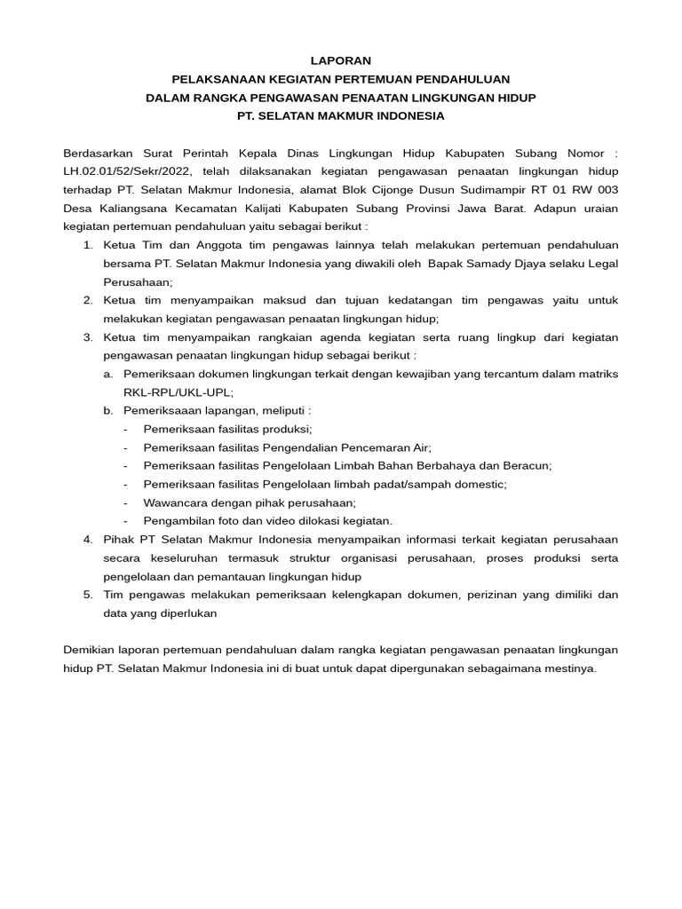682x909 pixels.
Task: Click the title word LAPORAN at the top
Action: (x=341, y=60)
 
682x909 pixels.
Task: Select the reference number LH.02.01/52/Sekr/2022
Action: (x=128, y=171)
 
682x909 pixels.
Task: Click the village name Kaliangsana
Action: (x=128, y=209)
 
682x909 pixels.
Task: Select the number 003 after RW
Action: (x=606, y=190)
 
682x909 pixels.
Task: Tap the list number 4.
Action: (x=88, y=539)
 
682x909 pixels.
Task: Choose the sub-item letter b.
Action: (x=108, y=411)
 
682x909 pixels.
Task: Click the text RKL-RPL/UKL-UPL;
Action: (x=178, y=392)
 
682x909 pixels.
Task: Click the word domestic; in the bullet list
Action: (x=478, y=484)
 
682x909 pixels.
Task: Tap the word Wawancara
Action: (x=175, y=502)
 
